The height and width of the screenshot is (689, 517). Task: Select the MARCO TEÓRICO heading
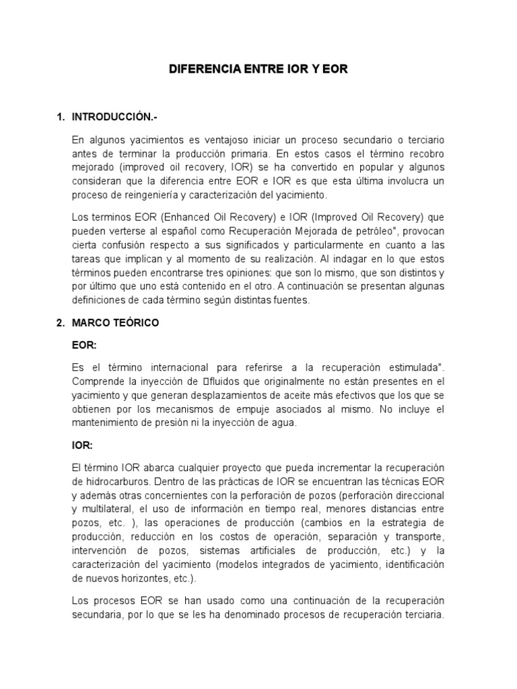pyautogui.click(x=115, y=323)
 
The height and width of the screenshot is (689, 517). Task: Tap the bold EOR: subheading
pyautogui.click(x=84, y=344)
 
